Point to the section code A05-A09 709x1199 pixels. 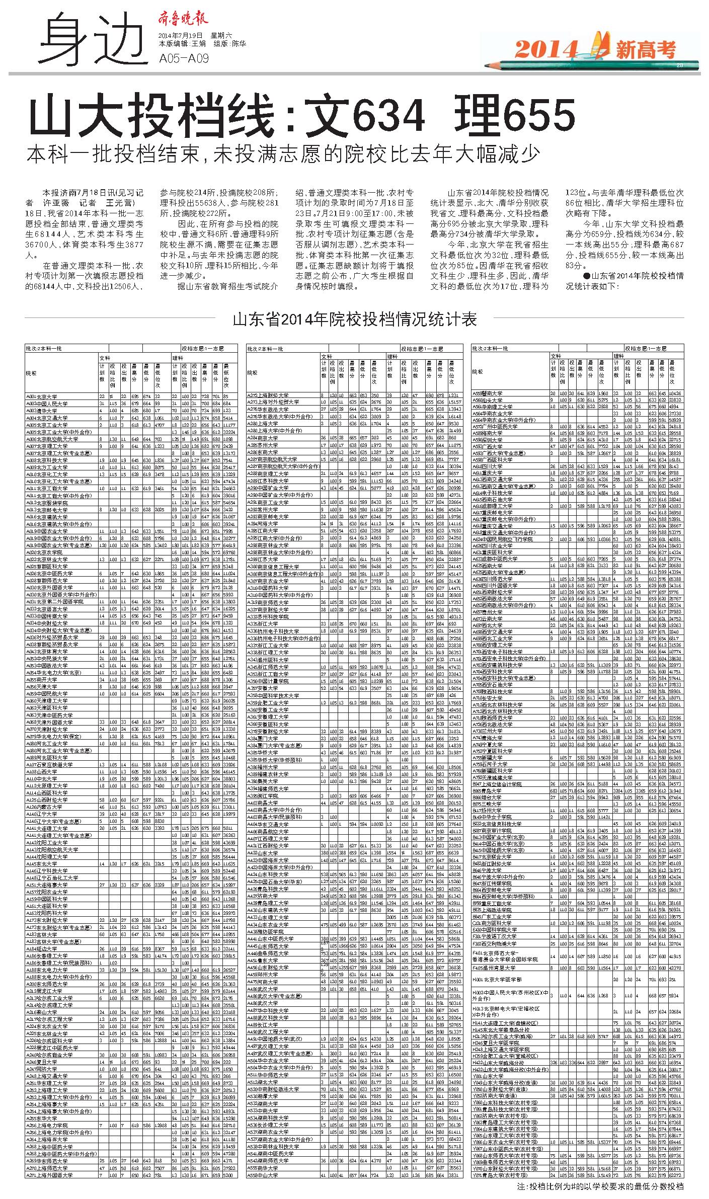(x=183, y=59)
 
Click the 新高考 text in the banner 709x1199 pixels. (x=645, y=49)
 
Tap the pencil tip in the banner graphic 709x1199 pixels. (x=488, y=65)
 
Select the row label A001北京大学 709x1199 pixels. (x=42, y=396)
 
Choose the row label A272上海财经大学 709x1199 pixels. (x=267, y=395)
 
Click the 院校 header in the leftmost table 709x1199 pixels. (x=31, y=373)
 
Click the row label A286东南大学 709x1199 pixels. (x=262, y=452)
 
